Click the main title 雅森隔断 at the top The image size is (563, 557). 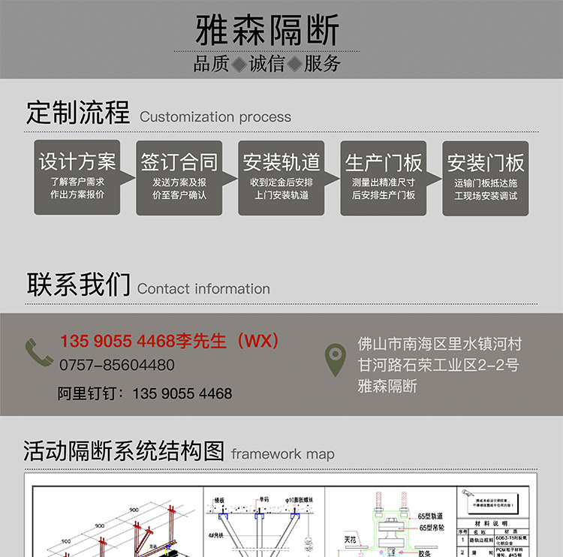267,31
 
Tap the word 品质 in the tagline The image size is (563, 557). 211,65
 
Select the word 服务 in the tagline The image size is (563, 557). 323,65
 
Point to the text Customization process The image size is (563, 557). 215,117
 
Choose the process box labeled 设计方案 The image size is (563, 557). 77,178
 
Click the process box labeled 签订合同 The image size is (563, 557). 179,178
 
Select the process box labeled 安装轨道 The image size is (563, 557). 281,178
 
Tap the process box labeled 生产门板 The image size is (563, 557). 384,178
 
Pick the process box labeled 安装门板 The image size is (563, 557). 486,178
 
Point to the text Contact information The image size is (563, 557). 204,289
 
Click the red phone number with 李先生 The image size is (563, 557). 170,342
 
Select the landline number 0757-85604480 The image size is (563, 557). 118,366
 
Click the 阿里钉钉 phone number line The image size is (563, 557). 145,393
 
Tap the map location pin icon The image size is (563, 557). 335,360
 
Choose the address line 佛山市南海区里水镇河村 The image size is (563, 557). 440,345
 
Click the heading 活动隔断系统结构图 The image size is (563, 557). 124,451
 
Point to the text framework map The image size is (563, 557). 283,454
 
